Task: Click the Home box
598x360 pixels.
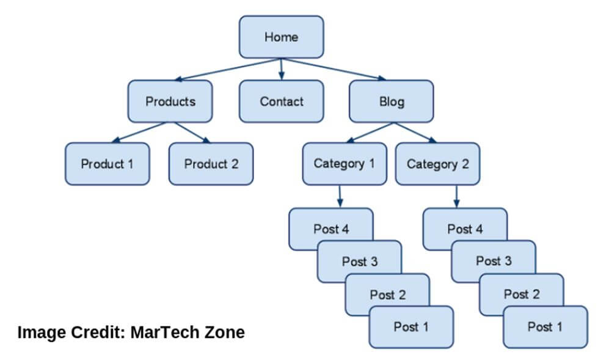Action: pyautogui.click(x=282, y=37)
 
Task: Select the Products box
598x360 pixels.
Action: pyautogui.click(x=170, y=101)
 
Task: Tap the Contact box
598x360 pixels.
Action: pyautogui.click(x=282, y=101)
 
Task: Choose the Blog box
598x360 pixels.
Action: pyautogui.click(x=392, y=101)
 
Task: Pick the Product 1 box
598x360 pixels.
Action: pyautogui.click(x=107, y=164)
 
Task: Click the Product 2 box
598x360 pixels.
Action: pyautogui.click(x=211, y=164)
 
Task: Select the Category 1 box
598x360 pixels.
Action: pyautogui.click(x=345, y=164)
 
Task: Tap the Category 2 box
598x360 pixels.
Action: pyautogui.click(x=437, y=164)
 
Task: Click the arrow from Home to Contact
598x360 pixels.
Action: pyautogui.click(x=282, y=69)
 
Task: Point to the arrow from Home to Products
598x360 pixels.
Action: pyautogui.click(x=227, y=70)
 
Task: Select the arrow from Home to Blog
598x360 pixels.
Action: pyautogui.click(x=334, y=70)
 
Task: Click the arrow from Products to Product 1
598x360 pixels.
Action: pyautogui.click(x=139, y=132)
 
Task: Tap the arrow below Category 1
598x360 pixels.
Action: pyautogui.click(x=340, y=196)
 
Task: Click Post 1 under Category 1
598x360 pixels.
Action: pyautogui.click(x=411, y=327)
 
